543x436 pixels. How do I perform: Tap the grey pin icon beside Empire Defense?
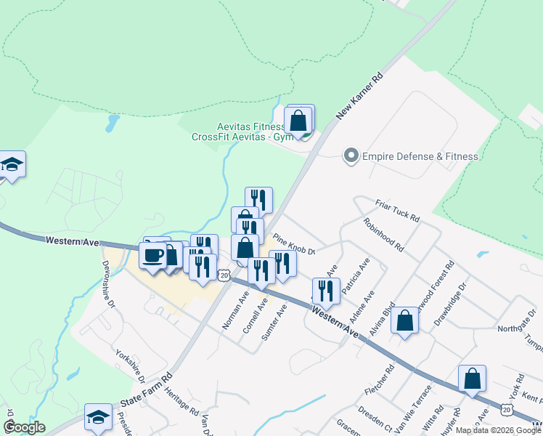click(x=351, y=156)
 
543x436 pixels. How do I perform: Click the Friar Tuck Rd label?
click(x=398, y=211)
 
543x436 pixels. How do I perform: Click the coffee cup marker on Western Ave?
click(x=153, y=256)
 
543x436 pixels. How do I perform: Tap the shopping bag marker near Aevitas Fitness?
click(x=298, y=121)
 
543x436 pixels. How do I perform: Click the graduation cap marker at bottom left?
click(x=98, y=418)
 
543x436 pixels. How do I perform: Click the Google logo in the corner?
click(x=24, y=427)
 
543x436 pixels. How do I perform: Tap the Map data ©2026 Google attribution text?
click(x=498, y=430)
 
